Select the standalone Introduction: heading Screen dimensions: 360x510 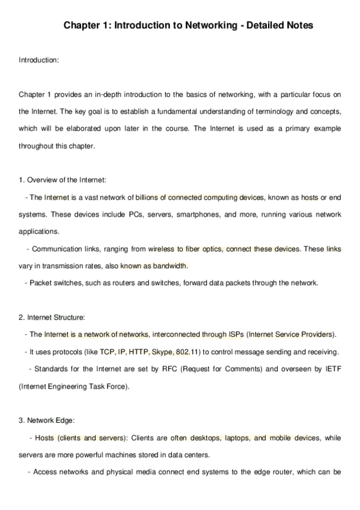click(x=39, y=60)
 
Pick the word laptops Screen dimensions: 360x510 click(x=237, y=438)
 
